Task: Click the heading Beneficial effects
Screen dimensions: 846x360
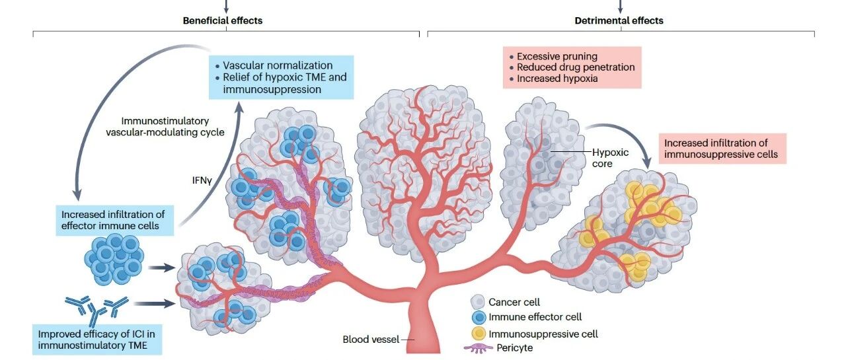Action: tap(223, 20)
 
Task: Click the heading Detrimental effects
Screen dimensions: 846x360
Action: tap(619, 20)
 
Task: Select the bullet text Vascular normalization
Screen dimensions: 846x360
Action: tap(278, 65)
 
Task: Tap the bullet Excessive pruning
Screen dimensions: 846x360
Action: tap(557, 56)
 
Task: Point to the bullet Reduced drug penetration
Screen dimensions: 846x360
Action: tap(576, 67)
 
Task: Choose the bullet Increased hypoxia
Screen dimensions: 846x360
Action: tap(557, 79)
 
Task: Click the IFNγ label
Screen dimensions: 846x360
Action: tap(202, 180)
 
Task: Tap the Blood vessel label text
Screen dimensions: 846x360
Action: tap(371, 340)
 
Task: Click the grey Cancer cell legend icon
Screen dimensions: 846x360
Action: tap(477, 302)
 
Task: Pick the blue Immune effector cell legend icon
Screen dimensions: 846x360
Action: tap(479, 317)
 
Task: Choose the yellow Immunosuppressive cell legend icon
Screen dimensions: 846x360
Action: tap(479, 334)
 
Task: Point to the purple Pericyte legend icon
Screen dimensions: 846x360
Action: tap(479, 348)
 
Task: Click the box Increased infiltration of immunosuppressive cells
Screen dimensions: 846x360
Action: tap(722, 149)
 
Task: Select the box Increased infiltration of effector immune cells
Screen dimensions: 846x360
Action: tap(115, 221)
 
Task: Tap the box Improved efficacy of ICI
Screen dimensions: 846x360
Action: tap(97, 340)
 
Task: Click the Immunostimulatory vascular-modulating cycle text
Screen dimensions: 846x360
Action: tap(165, 126)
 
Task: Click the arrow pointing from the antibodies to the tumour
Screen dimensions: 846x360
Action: tap(155, 303)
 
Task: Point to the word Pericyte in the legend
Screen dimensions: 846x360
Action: tap(514, 348)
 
